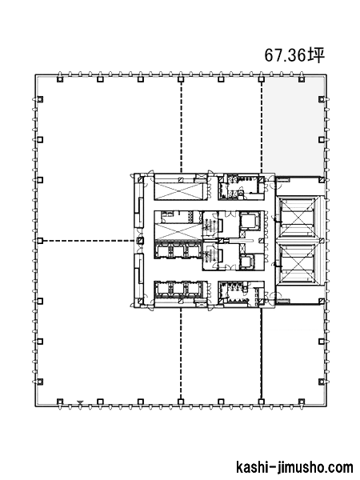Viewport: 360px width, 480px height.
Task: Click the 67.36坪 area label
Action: (x=294, y=55)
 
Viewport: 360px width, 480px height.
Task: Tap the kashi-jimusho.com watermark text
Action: (x=294, y=467)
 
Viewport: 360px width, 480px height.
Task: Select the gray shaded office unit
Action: (x=294, y=126)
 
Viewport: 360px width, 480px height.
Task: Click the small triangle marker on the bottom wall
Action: (x=80, y=402)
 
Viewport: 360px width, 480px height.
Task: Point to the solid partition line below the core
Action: (x=261, y=353)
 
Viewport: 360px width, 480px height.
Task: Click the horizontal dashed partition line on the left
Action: (x=89, y=241)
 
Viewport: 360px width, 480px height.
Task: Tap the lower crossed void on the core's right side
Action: (x=298, y=264)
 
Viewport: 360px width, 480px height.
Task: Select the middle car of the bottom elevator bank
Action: (x=178, y=289)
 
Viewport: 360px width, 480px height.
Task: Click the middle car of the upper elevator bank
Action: (x=178, y=251)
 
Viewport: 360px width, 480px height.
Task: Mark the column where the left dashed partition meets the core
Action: (x=140, y=241)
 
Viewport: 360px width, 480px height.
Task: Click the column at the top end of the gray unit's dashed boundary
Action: (x=261, y=79)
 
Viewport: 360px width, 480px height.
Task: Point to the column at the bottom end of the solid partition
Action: (x=261, y=402)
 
